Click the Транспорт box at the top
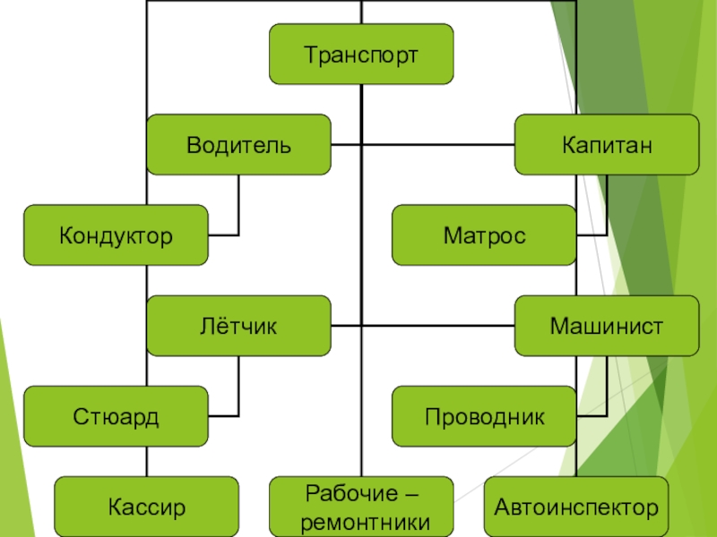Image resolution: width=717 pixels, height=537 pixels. point(361,55)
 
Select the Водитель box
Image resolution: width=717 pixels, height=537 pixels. point(238,144)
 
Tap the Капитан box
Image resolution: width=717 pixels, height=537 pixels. point(607,144)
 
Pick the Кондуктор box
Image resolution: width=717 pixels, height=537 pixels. point(116,235)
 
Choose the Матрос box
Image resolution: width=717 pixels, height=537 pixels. point(484,235)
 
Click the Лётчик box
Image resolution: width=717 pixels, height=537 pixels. point(238,326)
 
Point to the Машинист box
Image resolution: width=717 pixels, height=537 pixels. point(607,326)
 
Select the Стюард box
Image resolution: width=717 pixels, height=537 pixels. point(116,416)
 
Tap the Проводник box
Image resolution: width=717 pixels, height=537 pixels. point(484,416)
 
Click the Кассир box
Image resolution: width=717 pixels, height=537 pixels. point(146,507)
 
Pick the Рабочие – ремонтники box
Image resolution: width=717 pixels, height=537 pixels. point(361,507)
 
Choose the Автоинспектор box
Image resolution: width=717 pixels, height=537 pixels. point(576,507)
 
